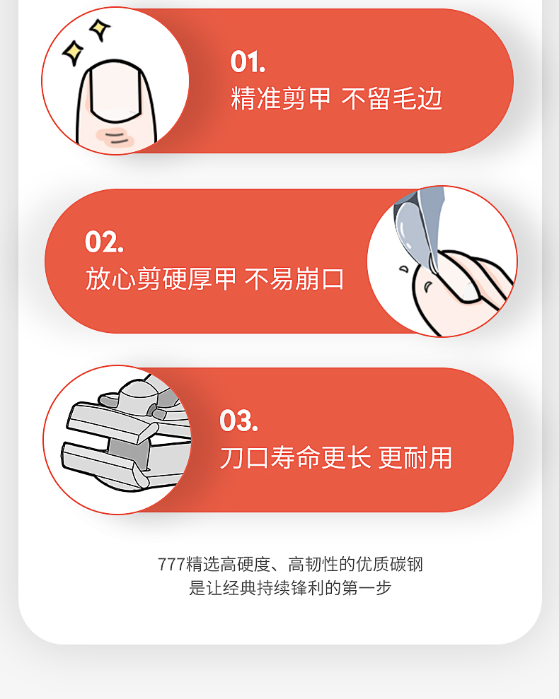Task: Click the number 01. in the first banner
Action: (x=248, y=62)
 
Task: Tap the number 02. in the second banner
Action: (x=104, y=242)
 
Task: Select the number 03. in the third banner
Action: (x=238, y=421)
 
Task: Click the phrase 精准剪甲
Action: (x=280, y=99)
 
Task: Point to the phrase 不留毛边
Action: (x=391, y=99)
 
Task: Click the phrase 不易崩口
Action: (x=294, y=278)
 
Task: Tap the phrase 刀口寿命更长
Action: (x=295, y=457)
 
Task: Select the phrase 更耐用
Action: (x=415, y=457)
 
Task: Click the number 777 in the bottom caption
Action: (x=171, y=565)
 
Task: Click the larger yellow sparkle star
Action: (x=73, y=52)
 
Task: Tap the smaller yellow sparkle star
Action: (x=98, y=29)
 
